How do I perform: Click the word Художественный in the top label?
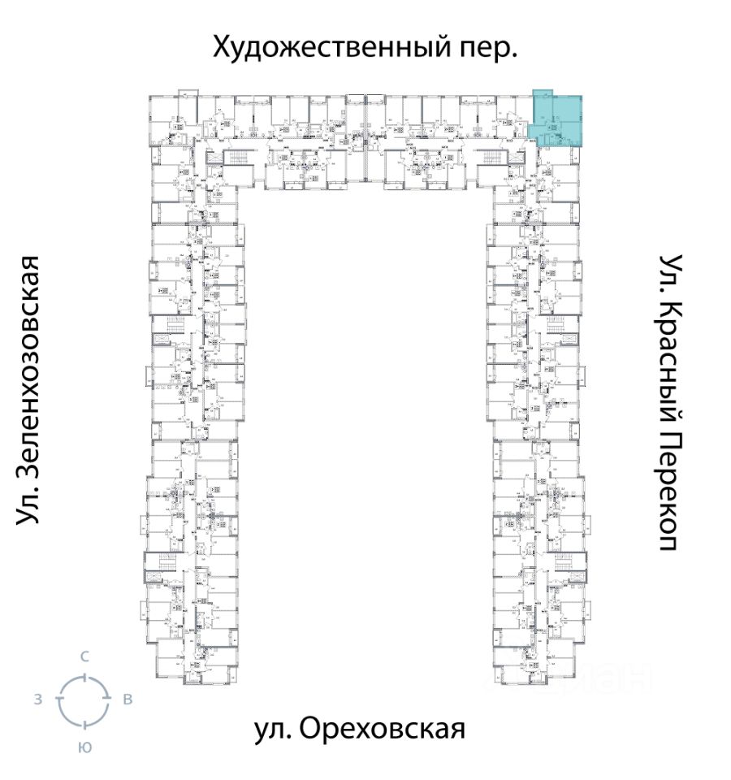[327, 47]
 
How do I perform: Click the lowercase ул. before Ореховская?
[273, 729]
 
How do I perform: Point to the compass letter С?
[84, 655]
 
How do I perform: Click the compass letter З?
[38, 700]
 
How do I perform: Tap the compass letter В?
[128, 700]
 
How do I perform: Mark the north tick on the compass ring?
[83, 676]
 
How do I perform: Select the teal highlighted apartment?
[556, 120]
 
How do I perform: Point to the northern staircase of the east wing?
[564, 325]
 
